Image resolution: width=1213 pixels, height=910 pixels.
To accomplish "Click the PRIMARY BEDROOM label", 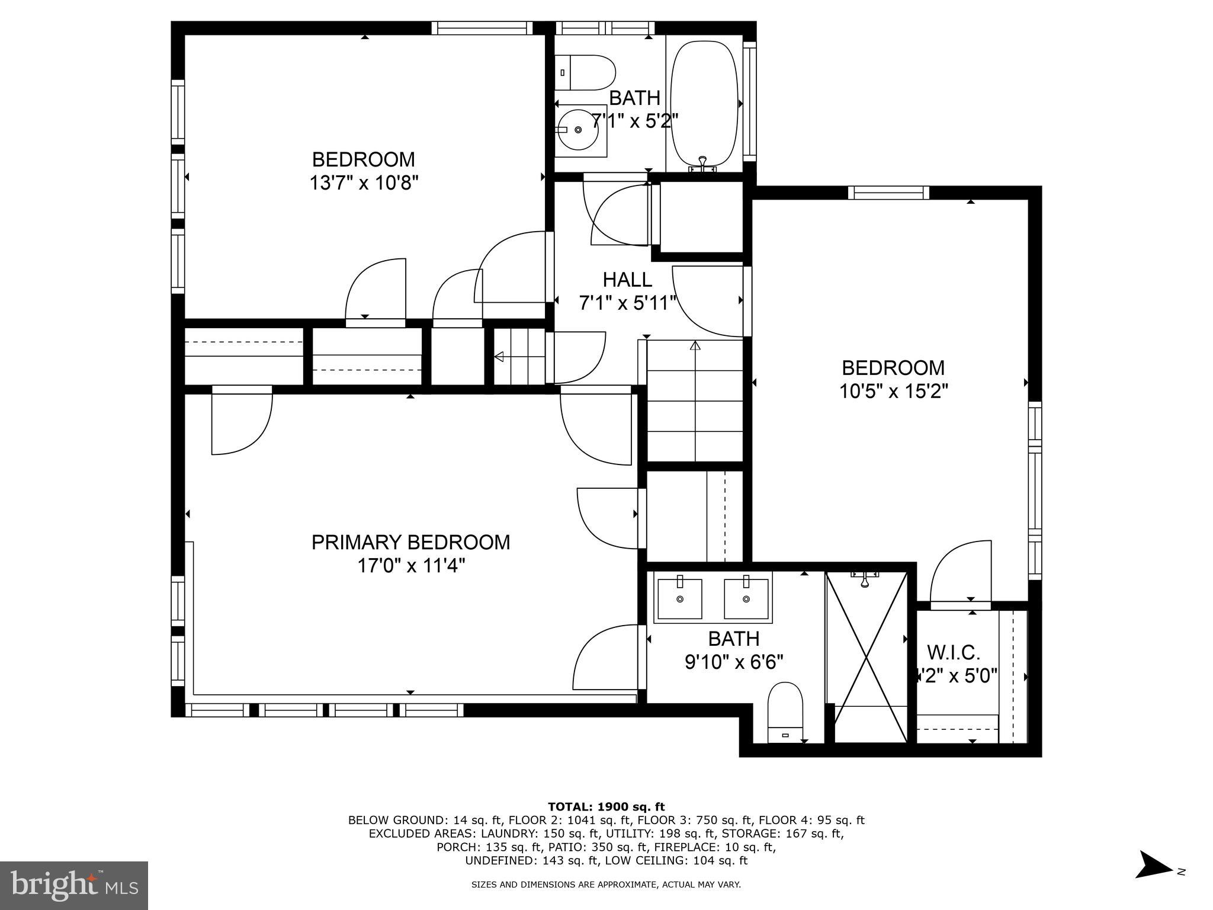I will (410, 542).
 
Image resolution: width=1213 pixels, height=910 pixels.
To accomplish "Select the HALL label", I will (627, 279).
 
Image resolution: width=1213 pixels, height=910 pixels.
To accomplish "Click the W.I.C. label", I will (954, 653).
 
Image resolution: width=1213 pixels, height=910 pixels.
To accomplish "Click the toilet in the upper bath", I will (586, 73).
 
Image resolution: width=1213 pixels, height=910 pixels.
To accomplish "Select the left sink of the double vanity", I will (679, 598).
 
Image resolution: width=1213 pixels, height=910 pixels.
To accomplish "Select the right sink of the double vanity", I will (747, 598).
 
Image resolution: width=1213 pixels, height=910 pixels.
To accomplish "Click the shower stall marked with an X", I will (867, 658).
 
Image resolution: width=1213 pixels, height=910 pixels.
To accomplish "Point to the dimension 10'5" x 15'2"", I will (894, 392).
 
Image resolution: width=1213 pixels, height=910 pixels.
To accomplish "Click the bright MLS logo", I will (74, 886).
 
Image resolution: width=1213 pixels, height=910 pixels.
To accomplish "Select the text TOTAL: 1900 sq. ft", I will (606, 806).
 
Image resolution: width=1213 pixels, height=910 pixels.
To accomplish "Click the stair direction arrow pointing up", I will (695, 345).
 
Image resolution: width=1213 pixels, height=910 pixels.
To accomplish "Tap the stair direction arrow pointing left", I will (499, 357).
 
